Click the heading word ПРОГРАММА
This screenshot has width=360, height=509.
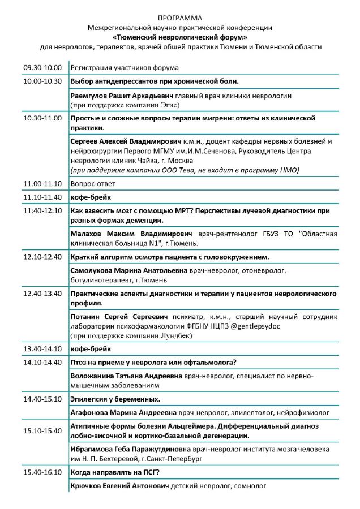coord(180,19)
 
